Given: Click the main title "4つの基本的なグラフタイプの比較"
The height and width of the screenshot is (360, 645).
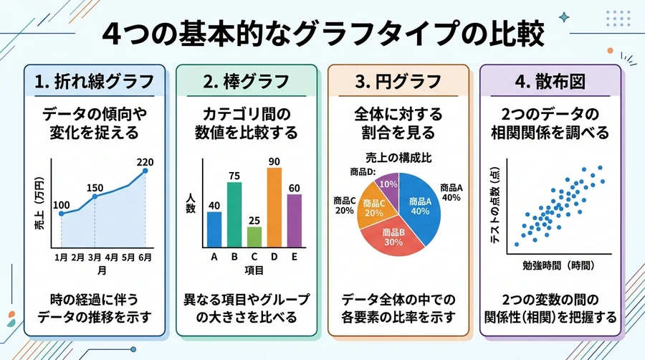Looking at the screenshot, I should pos(322,34).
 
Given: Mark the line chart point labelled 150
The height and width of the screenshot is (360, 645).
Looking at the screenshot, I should pos(94,195).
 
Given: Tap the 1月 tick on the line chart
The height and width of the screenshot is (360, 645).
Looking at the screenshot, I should pos(62,256).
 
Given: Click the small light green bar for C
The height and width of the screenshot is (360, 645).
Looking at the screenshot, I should pos(254,236).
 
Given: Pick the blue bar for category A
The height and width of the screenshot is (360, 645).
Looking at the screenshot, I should pos(214,229).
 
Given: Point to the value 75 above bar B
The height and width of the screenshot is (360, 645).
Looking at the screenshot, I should pos(234,175).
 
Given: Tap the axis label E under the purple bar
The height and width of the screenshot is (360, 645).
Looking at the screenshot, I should pos(295,257).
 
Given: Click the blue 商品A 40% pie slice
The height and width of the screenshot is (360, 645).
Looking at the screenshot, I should pos(421,208).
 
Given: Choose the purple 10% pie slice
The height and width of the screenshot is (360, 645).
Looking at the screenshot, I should pos(388,184).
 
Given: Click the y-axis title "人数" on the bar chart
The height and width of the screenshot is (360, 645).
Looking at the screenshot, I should pos(190,203).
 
